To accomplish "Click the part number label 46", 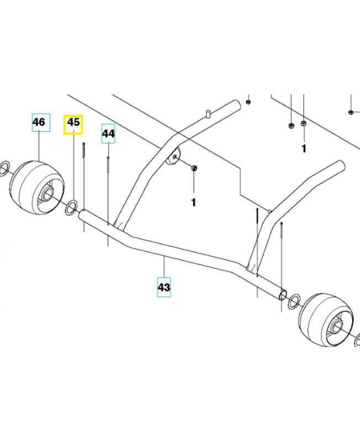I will coord(40,122).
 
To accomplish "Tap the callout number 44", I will coord(108,134).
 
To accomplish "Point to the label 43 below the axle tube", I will coord(164,288).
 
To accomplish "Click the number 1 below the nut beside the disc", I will coord(193,203).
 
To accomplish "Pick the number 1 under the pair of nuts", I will coord(303,149).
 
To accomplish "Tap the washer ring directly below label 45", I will coord(71,208).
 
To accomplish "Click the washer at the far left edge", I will coord(4,166).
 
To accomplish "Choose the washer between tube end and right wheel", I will coord(294,300).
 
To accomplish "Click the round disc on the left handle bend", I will coord(172,157).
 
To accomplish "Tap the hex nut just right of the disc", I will coord(194,168).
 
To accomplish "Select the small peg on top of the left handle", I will coord(208,114).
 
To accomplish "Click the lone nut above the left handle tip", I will coord(248,102).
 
